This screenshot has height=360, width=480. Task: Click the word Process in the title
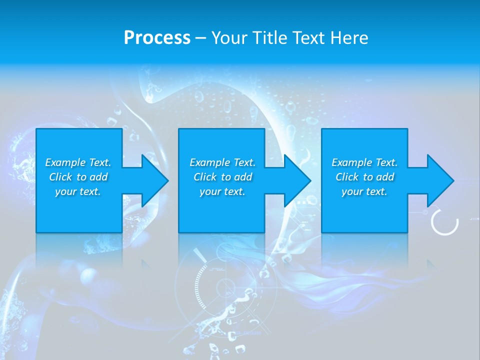[x=157, y=38]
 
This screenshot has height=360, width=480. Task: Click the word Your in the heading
[x=229, y=38]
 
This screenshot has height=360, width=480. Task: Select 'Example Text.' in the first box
[x=78, y=162]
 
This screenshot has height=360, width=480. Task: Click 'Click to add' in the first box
[x=78, y=177]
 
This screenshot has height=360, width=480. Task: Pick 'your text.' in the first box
[x=78, y=191]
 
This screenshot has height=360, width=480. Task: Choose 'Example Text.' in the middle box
[x=222, y=162]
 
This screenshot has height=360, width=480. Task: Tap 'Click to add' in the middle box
[x=222, y=177]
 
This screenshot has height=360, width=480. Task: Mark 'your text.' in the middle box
[x=222, y=191]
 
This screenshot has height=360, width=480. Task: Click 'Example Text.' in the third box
[x=364, y=162]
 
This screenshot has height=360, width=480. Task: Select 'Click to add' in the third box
[x=364, y=177]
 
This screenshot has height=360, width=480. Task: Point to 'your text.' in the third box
[x=364, y=191]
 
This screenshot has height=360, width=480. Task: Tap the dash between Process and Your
[x=200, y=38]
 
